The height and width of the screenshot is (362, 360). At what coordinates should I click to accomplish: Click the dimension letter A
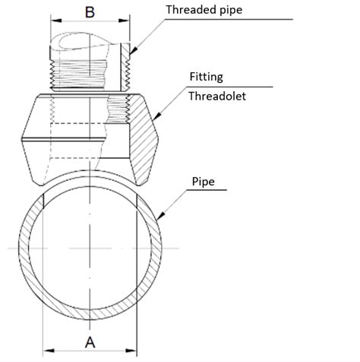(x=90, y=341)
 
